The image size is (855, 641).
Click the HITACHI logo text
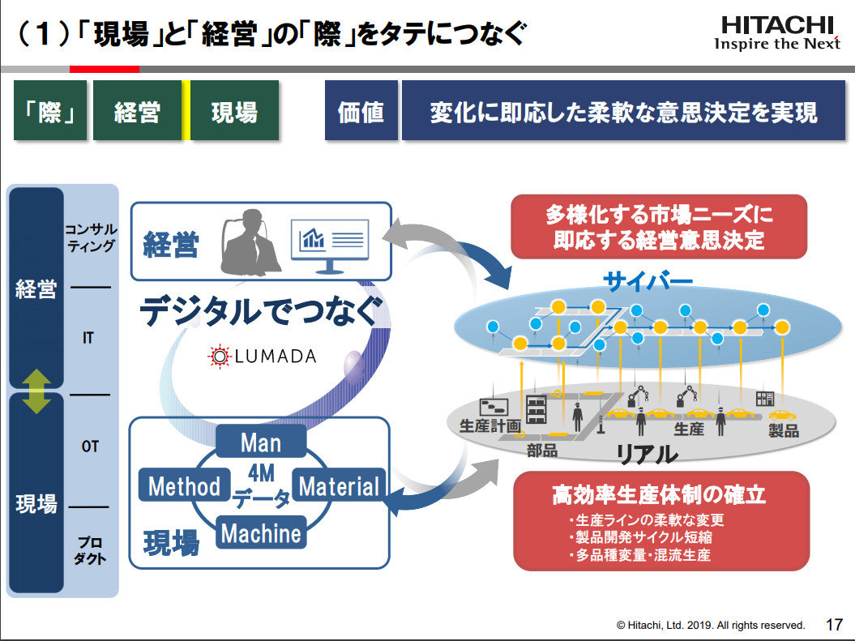(x=776, y=24)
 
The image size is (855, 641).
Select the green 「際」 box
(x=50, y=112)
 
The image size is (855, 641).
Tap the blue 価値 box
(x=361, y=112)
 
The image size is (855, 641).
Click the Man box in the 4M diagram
(x=260, y=442)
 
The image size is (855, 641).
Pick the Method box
(x=184, y=486)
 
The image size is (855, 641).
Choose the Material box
(x=338, y=486)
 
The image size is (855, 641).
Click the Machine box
(x=260, y=532)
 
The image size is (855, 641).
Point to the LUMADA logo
(x=262, y=356)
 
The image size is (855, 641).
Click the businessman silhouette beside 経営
(x=251, y=243)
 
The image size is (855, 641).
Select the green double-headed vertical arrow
(x=36, y=391)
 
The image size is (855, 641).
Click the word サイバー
(x=648, y=282)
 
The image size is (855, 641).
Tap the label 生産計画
(x=489, y=425)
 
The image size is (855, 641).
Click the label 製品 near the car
(x=784, y=430)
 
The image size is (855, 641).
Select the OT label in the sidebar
(x=90, y=447)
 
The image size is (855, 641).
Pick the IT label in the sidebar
(x=88, y=339)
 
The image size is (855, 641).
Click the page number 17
(x=833, y=625)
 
